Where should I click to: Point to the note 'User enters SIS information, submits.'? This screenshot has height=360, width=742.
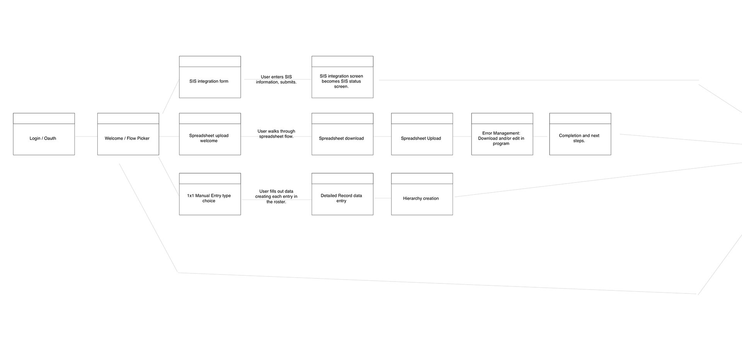(276, 80)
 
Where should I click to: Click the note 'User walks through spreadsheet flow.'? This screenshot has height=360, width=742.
(276, 134)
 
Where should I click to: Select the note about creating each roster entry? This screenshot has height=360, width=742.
(276, 196)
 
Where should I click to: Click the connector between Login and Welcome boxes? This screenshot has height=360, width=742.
(86, 136)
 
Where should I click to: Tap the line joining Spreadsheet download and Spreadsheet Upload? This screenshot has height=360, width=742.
(382, 136)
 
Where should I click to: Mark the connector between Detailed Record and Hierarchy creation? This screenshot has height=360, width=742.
(382, 198)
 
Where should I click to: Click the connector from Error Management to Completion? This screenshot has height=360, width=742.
(541, 136)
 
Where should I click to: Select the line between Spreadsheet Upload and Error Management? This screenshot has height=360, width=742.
(462, 136)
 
